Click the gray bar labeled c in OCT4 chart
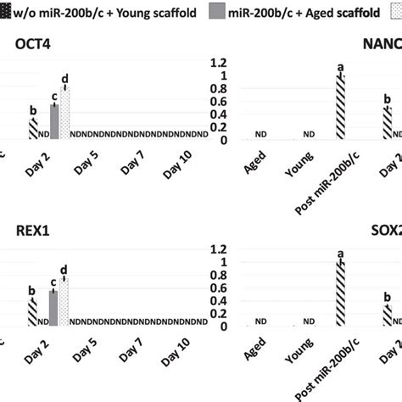pos(54,121)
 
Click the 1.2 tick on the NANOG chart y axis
pos(219,63)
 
